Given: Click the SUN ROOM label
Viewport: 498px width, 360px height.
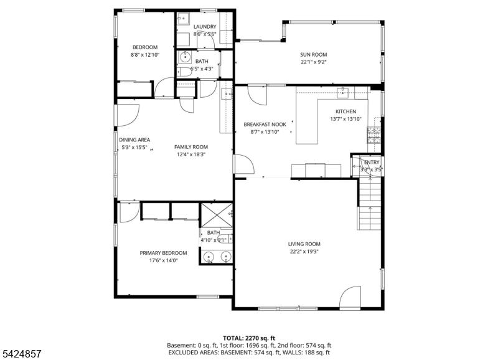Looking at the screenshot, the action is [314, 55].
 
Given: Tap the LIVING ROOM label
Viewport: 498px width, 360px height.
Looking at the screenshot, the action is [304, 244].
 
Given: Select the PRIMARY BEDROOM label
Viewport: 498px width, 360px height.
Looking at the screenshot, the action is [163, 253].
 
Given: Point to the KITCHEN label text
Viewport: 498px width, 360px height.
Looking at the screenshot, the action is [346, 111].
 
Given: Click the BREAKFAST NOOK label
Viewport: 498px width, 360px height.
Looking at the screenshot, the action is [265, 125].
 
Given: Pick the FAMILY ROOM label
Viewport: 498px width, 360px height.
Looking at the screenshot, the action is [191, 147].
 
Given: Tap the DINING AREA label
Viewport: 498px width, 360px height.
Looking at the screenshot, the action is [134, 140].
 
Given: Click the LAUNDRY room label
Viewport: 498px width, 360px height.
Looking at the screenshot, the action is [205, 27].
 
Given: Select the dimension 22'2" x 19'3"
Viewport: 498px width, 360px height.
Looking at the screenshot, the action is [304, 252].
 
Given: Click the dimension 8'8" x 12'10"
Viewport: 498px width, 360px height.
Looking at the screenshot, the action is [145, 55].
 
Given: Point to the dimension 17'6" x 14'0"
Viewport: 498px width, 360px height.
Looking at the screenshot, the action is [163, 260].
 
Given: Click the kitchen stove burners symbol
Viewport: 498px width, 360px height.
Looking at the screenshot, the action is [374, 135].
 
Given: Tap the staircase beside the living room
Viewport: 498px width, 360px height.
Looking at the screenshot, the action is [370, 204].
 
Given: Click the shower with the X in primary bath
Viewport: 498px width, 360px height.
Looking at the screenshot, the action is [217, 216].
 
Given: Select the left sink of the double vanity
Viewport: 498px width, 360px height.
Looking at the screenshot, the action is [209, 256].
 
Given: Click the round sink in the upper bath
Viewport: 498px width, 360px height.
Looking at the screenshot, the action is [185, 58].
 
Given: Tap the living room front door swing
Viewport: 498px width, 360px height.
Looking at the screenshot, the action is [350, 298].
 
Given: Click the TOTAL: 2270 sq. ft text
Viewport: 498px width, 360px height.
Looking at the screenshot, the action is [249, 338].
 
